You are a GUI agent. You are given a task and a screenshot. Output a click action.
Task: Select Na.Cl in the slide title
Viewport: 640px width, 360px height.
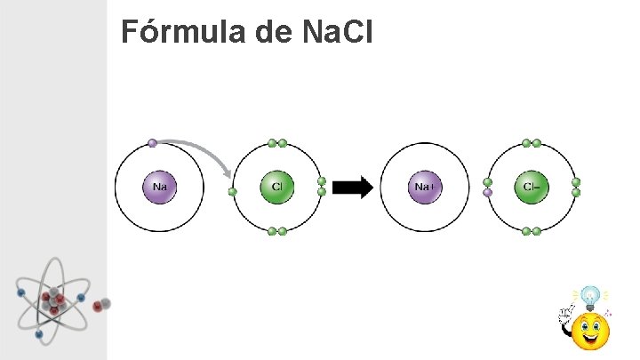tap(337, 33)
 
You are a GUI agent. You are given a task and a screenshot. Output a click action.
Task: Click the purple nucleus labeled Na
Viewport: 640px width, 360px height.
tap(160, 187)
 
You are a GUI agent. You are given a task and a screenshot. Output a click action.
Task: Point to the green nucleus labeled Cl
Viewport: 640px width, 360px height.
tap(276, 187)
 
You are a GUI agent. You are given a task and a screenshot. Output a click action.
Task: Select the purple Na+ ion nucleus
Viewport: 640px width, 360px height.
tap(424, 187)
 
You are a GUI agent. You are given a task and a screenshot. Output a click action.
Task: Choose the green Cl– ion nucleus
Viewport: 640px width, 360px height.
tap(532, 187)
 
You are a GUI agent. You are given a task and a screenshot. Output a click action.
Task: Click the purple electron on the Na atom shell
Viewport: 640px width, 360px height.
tap(152, 143)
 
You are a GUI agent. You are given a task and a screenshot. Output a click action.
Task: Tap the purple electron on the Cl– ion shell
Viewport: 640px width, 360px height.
tap(487, 192)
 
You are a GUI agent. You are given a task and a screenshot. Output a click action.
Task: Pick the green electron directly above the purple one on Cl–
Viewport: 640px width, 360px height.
tap(487, 182)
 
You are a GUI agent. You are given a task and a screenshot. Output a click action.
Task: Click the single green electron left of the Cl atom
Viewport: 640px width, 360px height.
tap(233, 191)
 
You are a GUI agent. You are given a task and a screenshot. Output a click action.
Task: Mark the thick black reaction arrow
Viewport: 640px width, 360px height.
tap(356, 188)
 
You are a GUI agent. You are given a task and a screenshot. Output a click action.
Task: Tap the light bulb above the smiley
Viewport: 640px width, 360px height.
tap(588, 296)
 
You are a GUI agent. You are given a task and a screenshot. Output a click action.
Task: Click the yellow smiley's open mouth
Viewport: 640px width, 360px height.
tap(590, 339)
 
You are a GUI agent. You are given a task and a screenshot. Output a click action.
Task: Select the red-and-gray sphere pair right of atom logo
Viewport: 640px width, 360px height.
tap(101, 305)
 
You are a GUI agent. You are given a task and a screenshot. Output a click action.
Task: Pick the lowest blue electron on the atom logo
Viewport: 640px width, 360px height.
tap(39, 334)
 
